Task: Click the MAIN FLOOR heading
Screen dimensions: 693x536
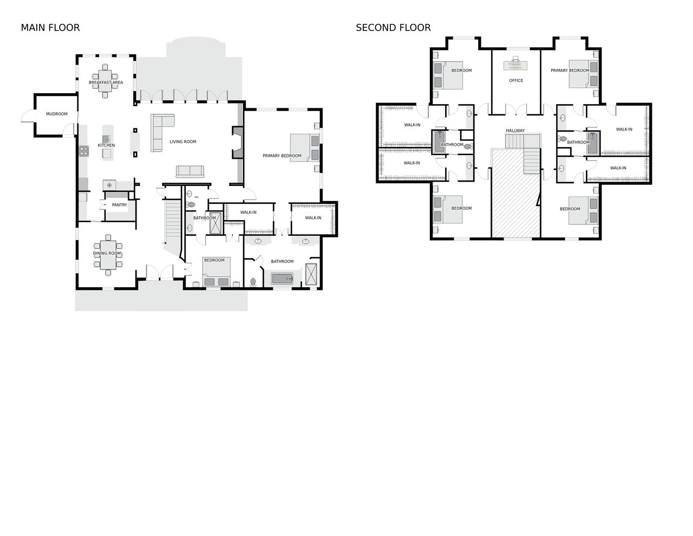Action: [x=50, y=28]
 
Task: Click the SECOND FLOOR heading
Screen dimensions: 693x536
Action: [x=393, y=28]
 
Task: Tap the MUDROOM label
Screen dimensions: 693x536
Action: [x=57, y=114]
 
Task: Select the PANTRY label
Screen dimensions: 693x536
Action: [x=120, y=205]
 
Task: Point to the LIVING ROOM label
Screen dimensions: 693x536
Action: [x=183, y=142]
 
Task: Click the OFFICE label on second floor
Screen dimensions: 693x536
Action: [x=516, y=80]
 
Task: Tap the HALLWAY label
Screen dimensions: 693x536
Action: [x=515, y=131]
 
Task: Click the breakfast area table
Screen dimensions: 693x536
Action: [x=105, y=81]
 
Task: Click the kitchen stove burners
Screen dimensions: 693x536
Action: [x=84, y=151]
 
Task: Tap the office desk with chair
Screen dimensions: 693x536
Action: [x=515, y=64]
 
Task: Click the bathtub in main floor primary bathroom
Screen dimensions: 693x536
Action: [x=282, y=279]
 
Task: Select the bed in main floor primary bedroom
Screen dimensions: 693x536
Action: [x=305, y=147]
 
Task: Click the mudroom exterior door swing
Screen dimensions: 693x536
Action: [x=28, y=115]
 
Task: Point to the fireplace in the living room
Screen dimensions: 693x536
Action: [x=238, y=143]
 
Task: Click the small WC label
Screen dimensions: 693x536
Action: [x=197, y=197]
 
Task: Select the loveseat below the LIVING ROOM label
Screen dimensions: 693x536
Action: [x=189, y=171]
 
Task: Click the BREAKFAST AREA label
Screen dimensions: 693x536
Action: [x=106, y=82]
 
